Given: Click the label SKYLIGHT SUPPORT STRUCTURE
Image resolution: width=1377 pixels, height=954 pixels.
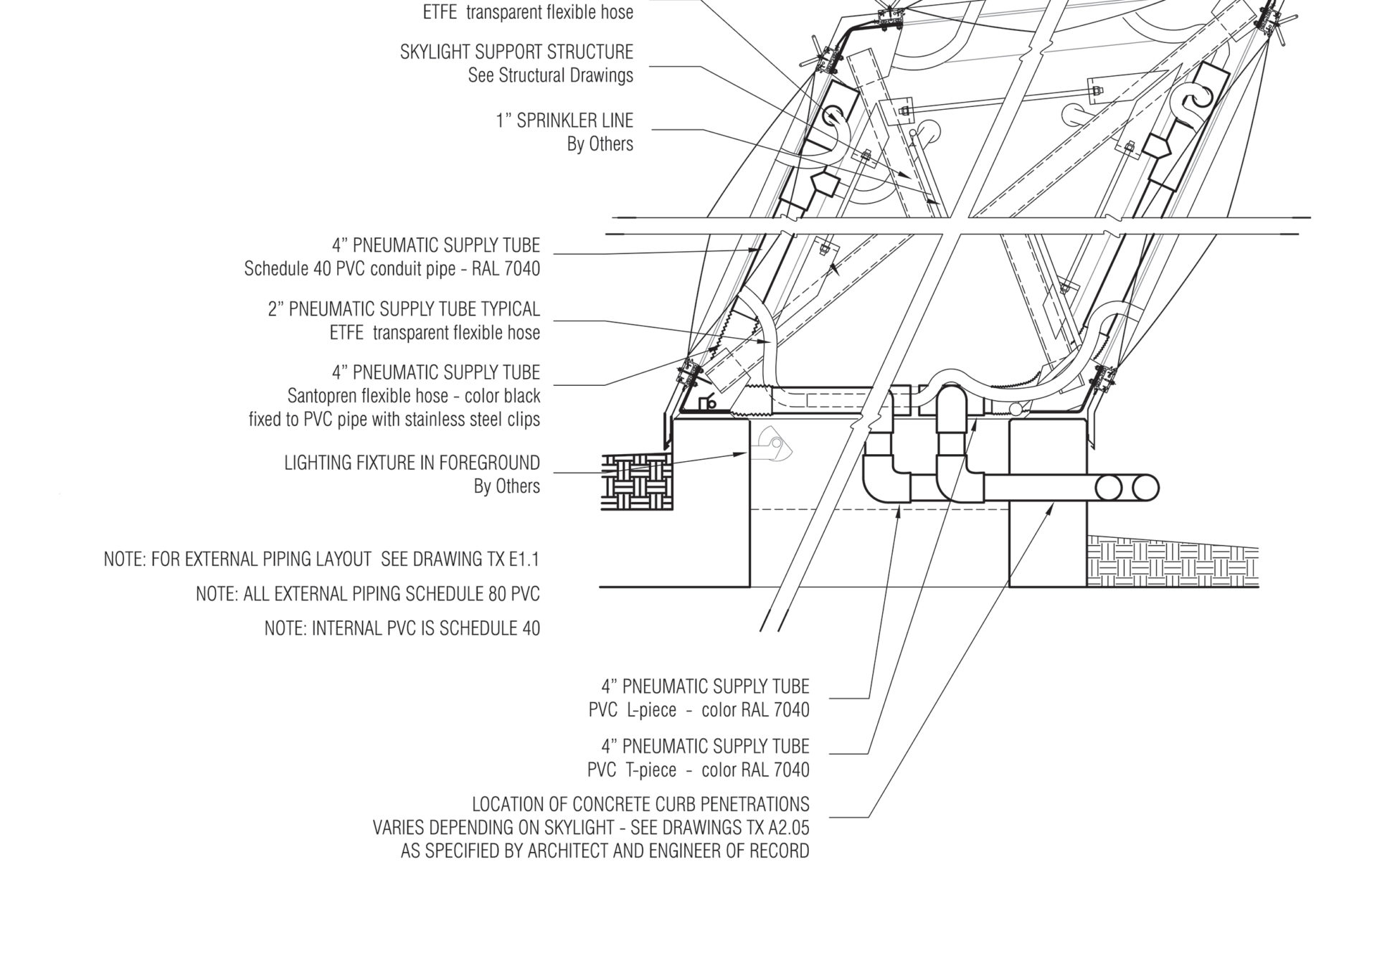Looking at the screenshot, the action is (516, 52).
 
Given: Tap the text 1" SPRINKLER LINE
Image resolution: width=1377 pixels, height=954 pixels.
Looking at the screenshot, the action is (564, 120).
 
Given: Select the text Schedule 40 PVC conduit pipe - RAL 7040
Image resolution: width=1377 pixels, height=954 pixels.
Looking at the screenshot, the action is (392, 269).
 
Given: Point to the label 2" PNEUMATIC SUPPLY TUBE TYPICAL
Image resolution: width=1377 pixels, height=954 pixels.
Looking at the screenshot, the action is (404, 309).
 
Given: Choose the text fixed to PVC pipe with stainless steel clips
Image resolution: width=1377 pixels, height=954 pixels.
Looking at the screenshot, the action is (394, 419).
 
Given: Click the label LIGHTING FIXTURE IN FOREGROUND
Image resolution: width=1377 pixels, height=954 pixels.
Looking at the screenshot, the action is (412, 463).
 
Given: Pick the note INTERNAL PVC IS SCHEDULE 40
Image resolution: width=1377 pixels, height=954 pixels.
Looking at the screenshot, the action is (425, 628).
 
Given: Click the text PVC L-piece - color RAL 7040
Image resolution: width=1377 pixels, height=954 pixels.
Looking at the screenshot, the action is (698, 710).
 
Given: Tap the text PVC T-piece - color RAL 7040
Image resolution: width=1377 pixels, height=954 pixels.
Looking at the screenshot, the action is (698, 770).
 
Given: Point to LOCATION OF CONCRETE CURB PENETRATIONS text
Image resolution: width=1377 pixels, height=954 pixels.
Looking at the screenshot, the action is (640, 804).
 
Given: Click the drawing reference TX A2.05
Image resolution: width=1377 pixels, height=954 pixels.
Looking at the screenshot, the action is (778, 828).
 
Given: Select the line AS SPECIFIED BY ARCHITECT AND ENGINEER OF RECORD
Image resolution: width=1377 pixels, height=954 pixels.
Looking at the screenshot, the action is (605, 851).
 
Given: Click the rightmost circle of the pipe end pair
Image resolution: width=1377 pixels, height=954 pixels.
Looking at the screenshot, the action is (1145, 488).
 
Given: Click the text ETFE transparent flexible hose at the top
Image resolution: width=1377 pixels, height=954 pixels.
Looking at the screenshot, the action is (528, 12).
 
